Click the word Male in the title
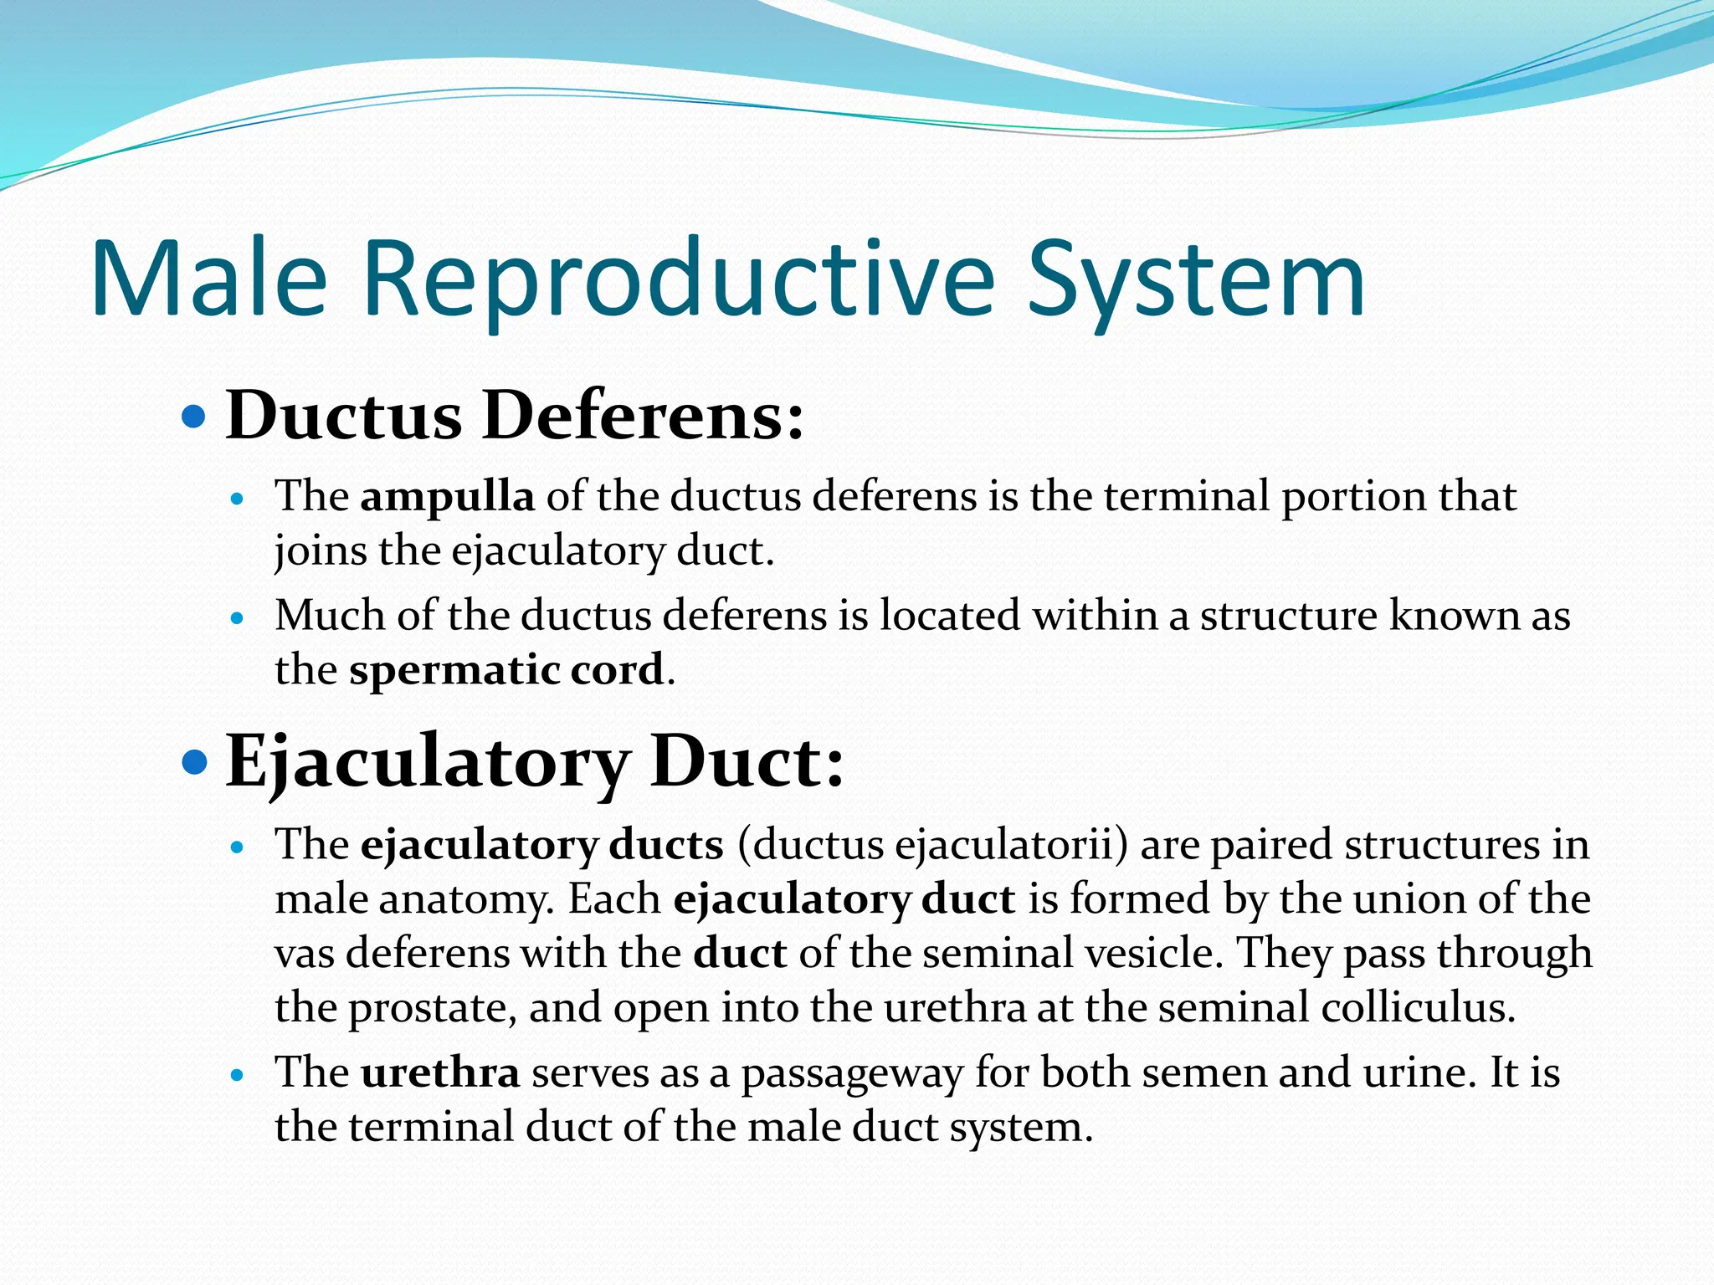click(208, 278)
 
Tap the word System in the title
click(1196, 278)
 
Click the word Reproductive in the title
click(678, 278)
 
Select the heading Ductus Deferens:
click(514, 415)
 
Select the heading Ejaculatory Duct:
click(535, 761)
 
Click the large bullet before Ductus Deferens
click(193, 415)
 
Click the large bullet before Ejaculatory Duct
click(193, 762)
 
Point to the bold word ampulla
click(447, 496)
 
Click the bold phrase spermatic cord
click(506, 669)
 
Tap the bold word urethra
click(440, 1073)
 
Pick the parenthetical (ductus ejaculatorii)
click(933, 844)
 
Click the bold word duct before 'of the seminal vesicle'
click(740, 953)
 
